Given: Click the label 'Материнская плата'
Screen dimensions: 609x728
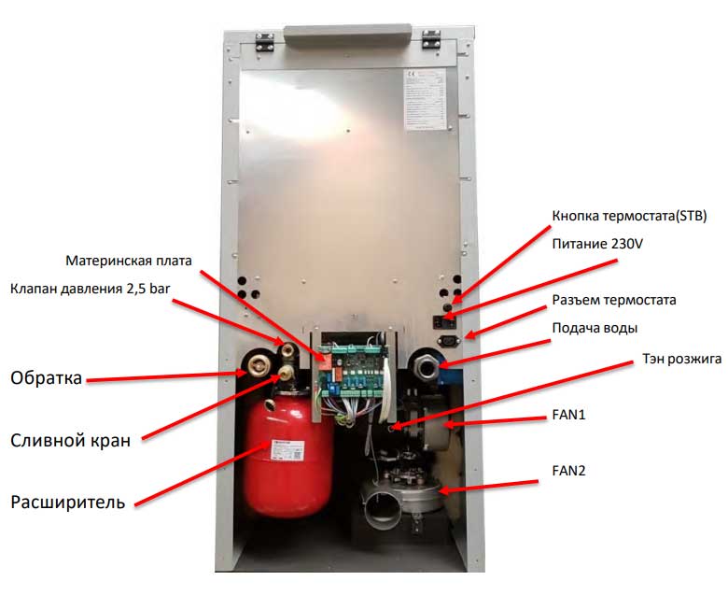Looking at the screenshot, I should (133, 259).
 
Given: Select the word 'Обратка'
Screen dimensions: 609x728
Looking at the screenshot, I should (47, 378).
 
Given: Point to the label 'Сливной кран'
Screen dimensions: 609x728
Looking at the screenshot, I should (70, 440).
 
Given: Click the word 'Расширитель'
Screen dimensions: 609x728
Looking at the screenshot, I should (67, 503).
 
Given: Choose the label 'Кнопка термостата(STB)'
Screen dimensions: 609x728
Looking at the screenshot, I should (628, 216).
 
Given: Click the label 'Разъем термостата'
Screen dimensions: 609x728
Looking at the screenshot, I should (613, 300).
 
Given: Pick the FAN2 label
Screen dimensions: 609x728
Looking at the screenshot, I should (568, 470).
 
